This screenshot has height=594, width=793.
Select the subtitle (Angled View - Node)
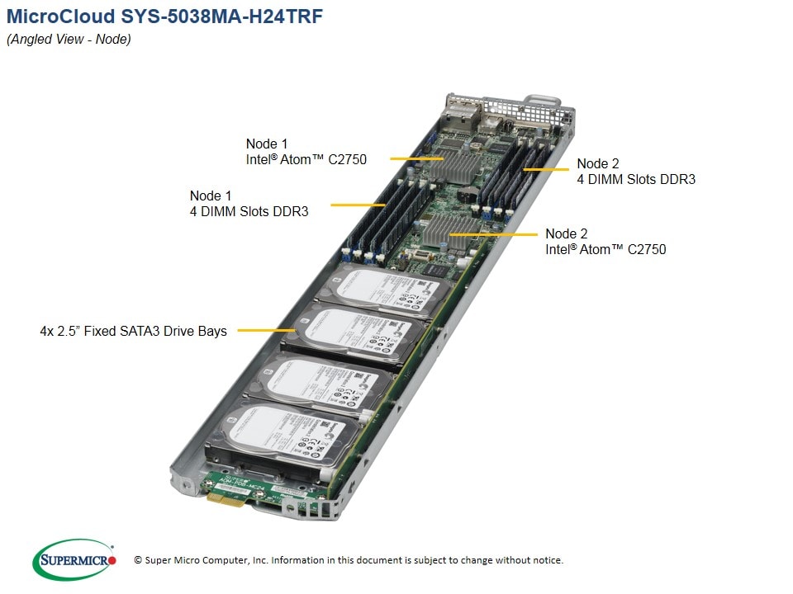[69, 39]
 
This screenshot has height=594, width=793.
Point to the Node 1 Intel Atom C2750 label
[306, 152]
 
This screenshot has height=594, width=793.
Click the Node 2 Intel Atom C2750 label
[605, 241]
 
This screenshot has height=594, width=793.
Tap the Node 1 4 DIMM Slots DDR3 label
[249, 203]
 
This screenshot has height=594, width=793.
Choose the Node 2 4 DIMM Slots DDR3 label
[635, 171]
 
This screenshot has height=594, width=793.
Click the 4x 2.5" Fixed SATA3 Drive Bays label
[133, 332]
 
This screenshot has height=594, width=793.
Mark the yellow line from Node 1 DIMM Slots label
[359, 204]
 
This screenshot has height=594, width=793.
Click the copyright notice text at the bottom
[349, 560]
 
